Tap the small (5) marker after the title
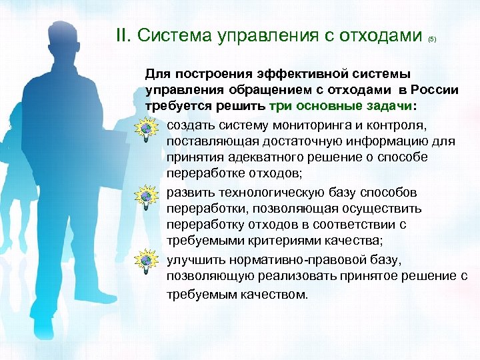click(432, 39)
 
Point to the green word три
click(281, 107)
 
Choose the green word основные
click(325, 107)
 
